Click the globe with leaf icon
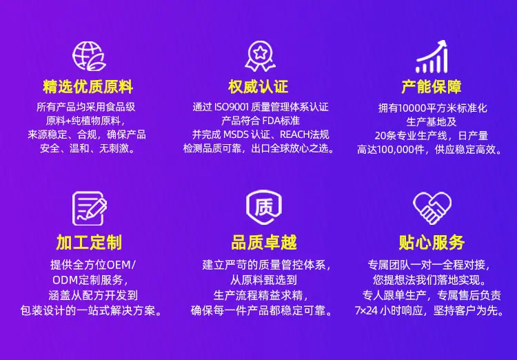pyautogui.click(x=89, y=56)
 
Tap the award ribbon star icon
pyautogui.click(x=260, y=56)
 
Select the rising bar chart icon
pyautogui.click(x=432, y=57)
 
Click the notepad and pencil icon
pyautogui.click(x=90, y=208)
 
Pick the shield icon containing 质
pyautogui.click(x=264, y=207)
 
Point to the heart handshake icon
pyautogui.click(x=432, y=208)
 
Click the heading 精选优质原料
pyautogui.click(x=88, y=86)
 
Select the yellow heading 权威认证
pyautogui.click(x=258, y=86)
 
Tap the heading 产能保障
pyautogui.click(x=432, y=86)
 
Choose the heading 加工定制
pyautogui.click(x=89, y=243)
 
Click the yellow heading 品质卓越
pyautogui.click(x=264, y=243)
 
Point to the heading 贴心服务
pyautogui.click(x=432, y=243)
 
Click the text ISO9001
pyautogui.click(x=232, y=107)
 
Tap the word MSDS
pyautogui.click(x=236, y=134)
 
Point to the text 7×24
pyautogui.click(x=366, y=311)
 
